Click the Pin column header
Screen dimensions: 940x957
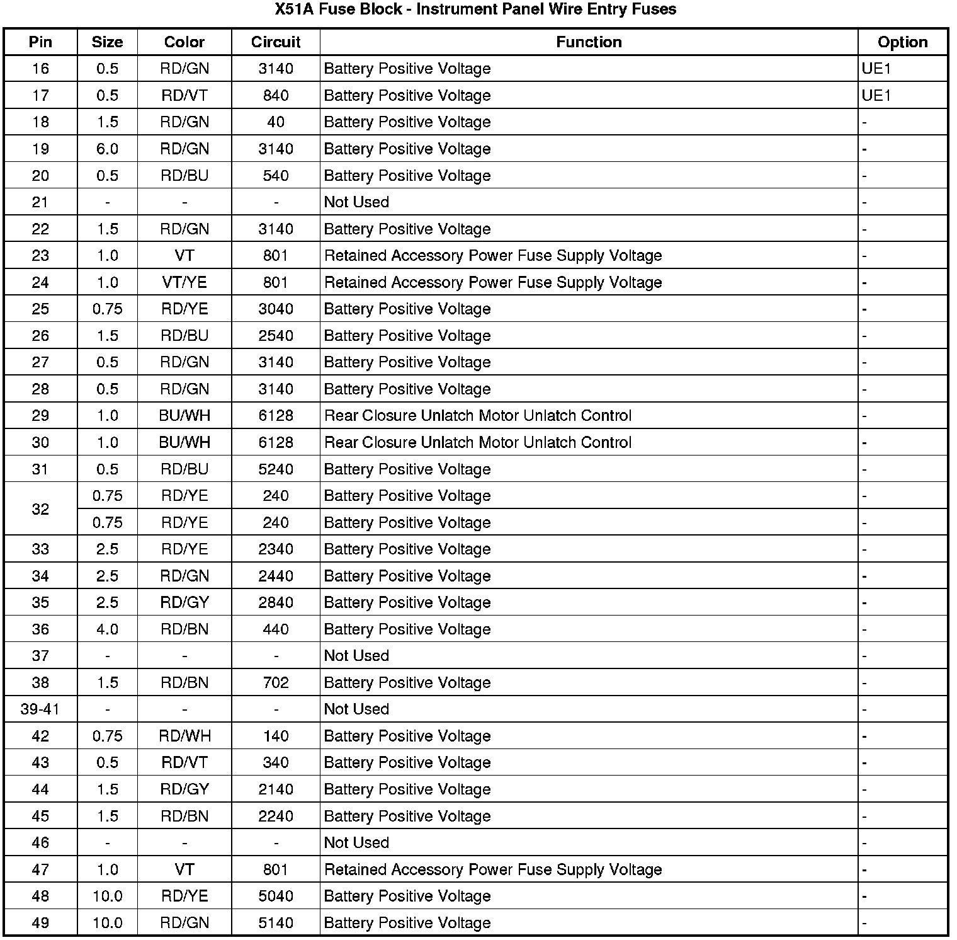click(40, 42)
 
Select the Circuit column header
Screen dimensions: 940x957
click(276, 42)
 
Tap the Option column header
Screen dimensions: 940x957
click(902, 42)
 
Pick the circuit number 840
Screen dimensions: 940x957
click(276, 96)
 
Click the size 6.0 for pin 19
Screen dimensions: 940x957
click(107, 149)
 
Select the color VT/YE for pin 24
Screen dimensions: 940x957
click(184, 283)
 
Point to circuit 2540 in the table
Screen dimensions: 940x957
click(276, 336)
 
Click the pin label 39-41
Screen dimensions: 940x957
click(40, 709)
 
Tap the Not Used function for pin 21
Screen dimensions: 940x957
click(356, 202)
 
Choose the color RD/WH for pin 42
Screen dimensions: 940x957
click(184, 737)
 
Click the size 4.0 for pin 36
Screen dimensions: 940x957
click(107, 629)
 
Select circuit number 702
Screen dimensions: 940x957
click(276, 683)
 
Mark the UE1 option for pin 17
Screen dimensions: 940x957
click(876, 96)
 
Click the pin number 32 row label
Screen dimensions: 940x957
click(40, 509)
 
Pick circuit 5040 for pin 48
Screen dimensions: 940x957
click(276, 897)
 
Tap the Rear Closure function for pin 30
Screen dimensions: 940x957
click(477, 443)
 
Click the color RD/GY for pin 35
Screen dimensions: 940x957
click(184, 603)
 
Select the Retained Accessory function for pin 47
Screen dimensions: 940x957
click(492, 870)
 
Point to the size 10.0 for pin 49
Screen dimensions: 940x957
click(107, 924)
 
